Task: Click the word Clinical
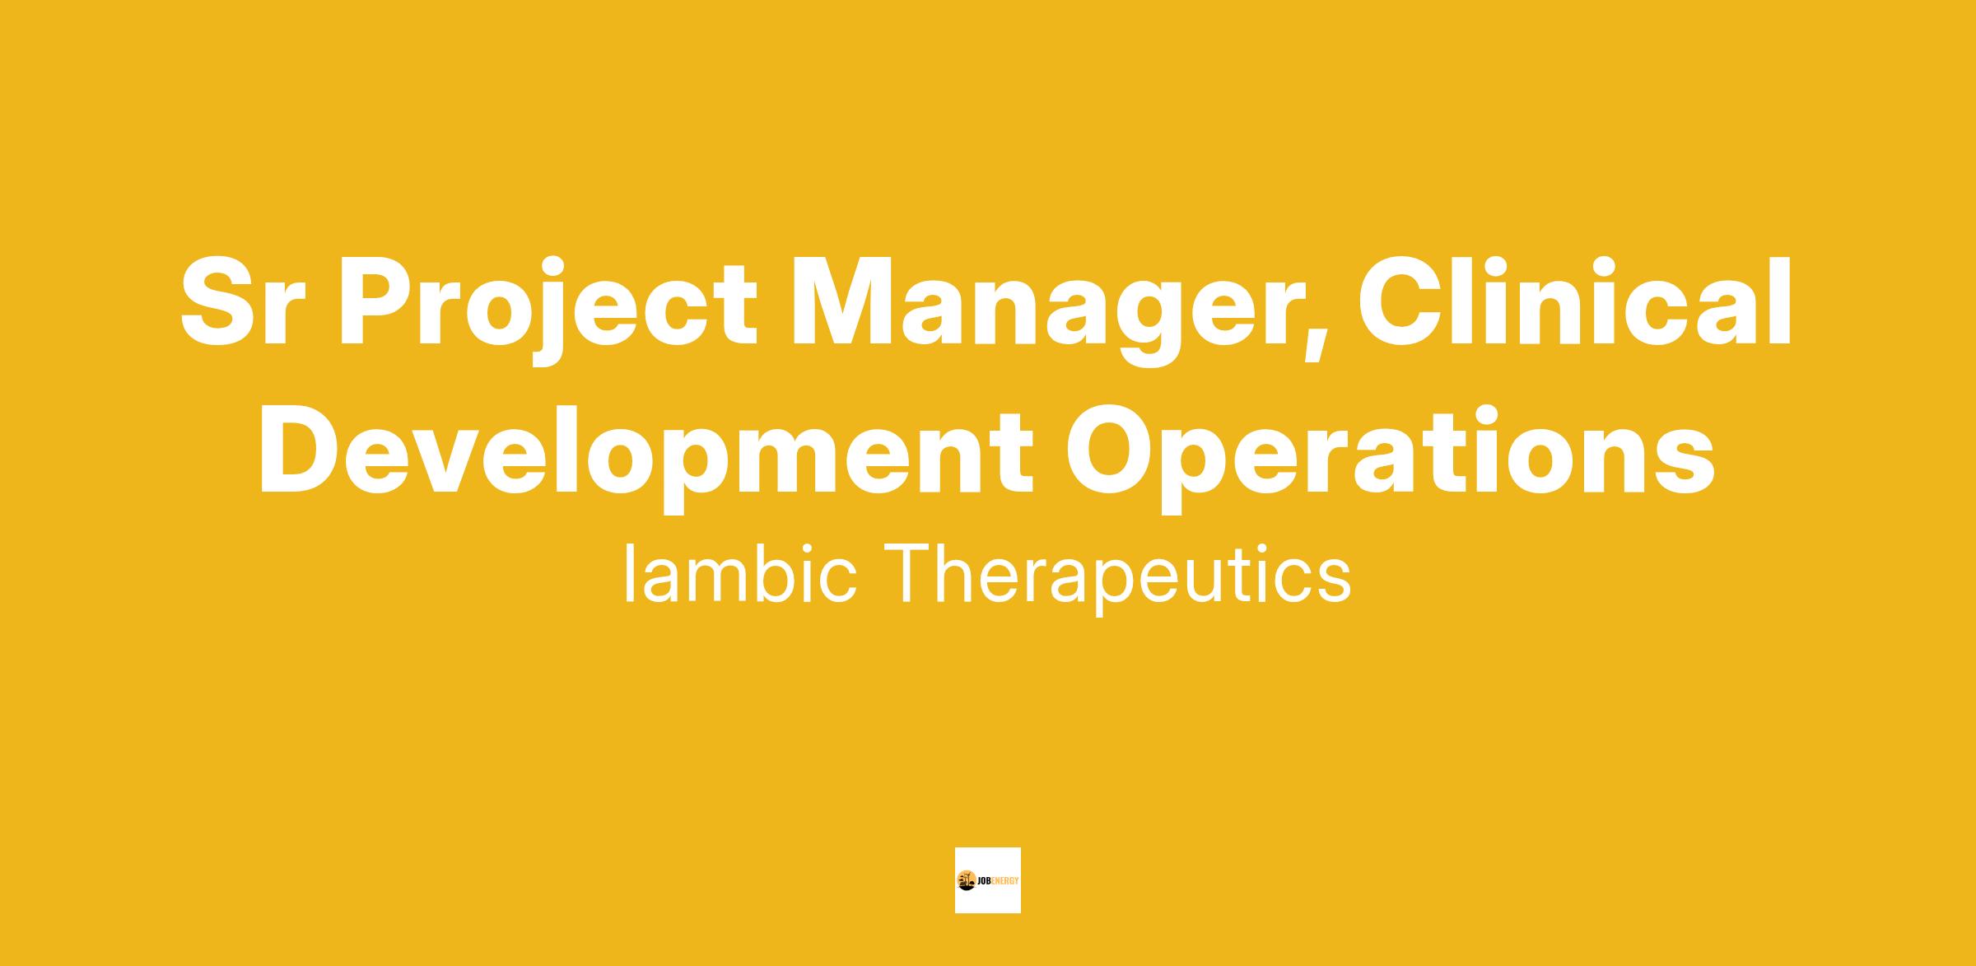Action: tap(1573, 301)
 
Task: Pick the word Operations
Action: tap(1391, 453)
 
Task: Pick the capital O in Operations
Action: tap(1112, 451)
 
